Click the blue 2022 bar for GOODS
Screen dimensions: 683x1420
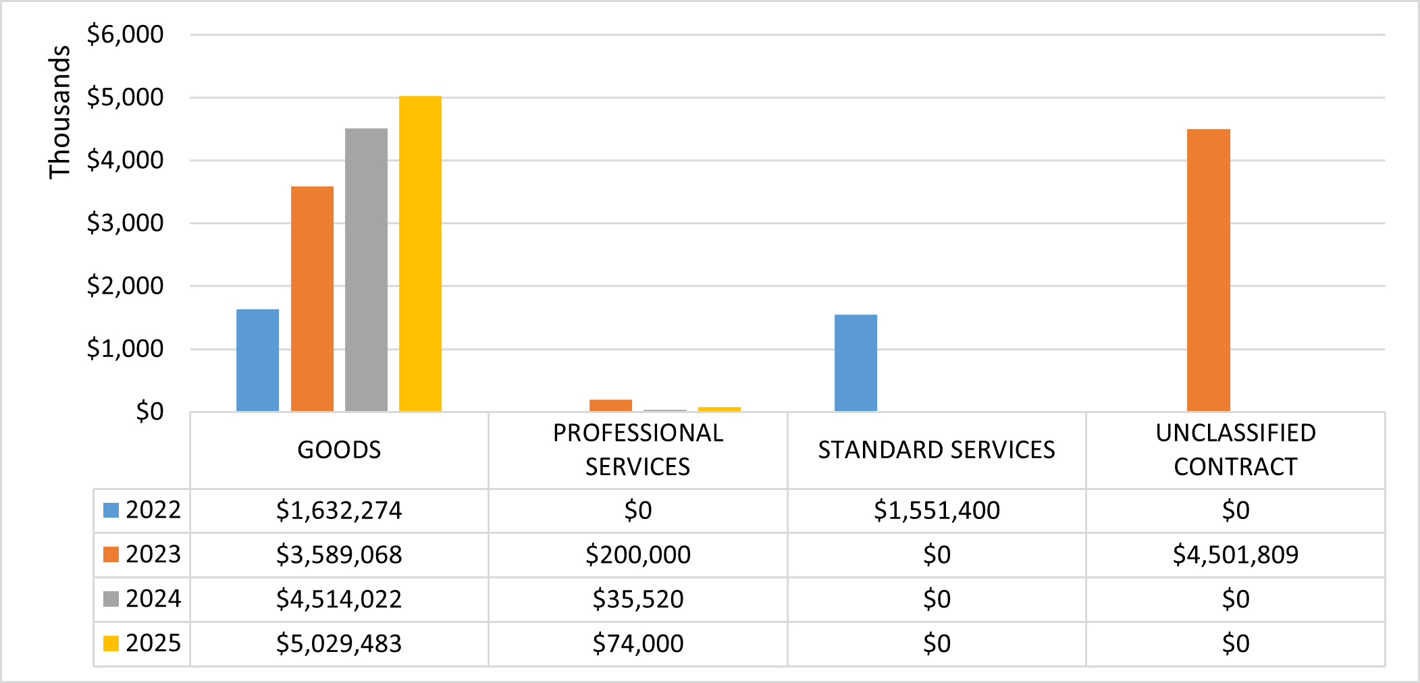tap(257, 360)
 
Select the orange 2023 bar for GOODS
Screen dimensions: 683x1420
tap(312, 299)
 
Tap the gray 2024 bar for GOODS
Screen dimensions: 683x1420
tap(366, 270)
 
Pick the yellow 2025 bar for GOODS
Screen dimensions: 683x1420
tap(420, 254)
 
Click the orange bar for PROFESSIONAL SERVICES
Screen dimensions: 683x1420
tap(610, 406)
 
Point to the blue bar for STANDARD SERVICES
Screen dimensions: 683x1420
tap(856, 363)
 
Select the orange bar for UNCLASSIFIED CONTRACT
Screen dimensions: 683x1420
tap(1208, 270)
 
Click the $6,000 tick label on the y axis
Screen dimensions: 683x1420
tap(125, 34)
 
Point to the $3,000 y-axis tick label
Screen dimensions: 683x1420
tap(125, 223)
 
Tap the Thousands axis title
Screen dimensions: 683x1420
tap(59, 112)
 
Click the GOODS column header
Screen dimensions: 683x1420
tap(339, 450)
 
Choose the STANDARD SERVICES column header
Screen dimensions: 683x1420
tap(937, 450)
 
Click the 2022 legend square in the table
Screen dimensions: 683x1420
tap(111, 510)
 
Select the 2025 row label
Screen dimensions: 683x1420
tap(153, 643)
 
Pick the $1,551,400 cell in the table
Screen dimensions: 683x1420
tap(937, 510)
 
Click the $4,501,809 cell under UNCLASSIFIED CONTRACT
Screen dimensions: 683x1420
tap(1235, 555)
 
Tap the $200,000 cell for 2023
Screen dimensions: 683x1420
tap(637, 555)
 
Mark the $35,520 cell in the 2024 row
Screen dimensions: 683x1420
tap(637, 599)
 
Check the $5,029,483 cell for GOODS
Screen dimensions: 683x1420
tap(339, 644)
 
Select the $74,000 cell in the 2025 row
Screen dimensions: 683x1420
tap(637, 644)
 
